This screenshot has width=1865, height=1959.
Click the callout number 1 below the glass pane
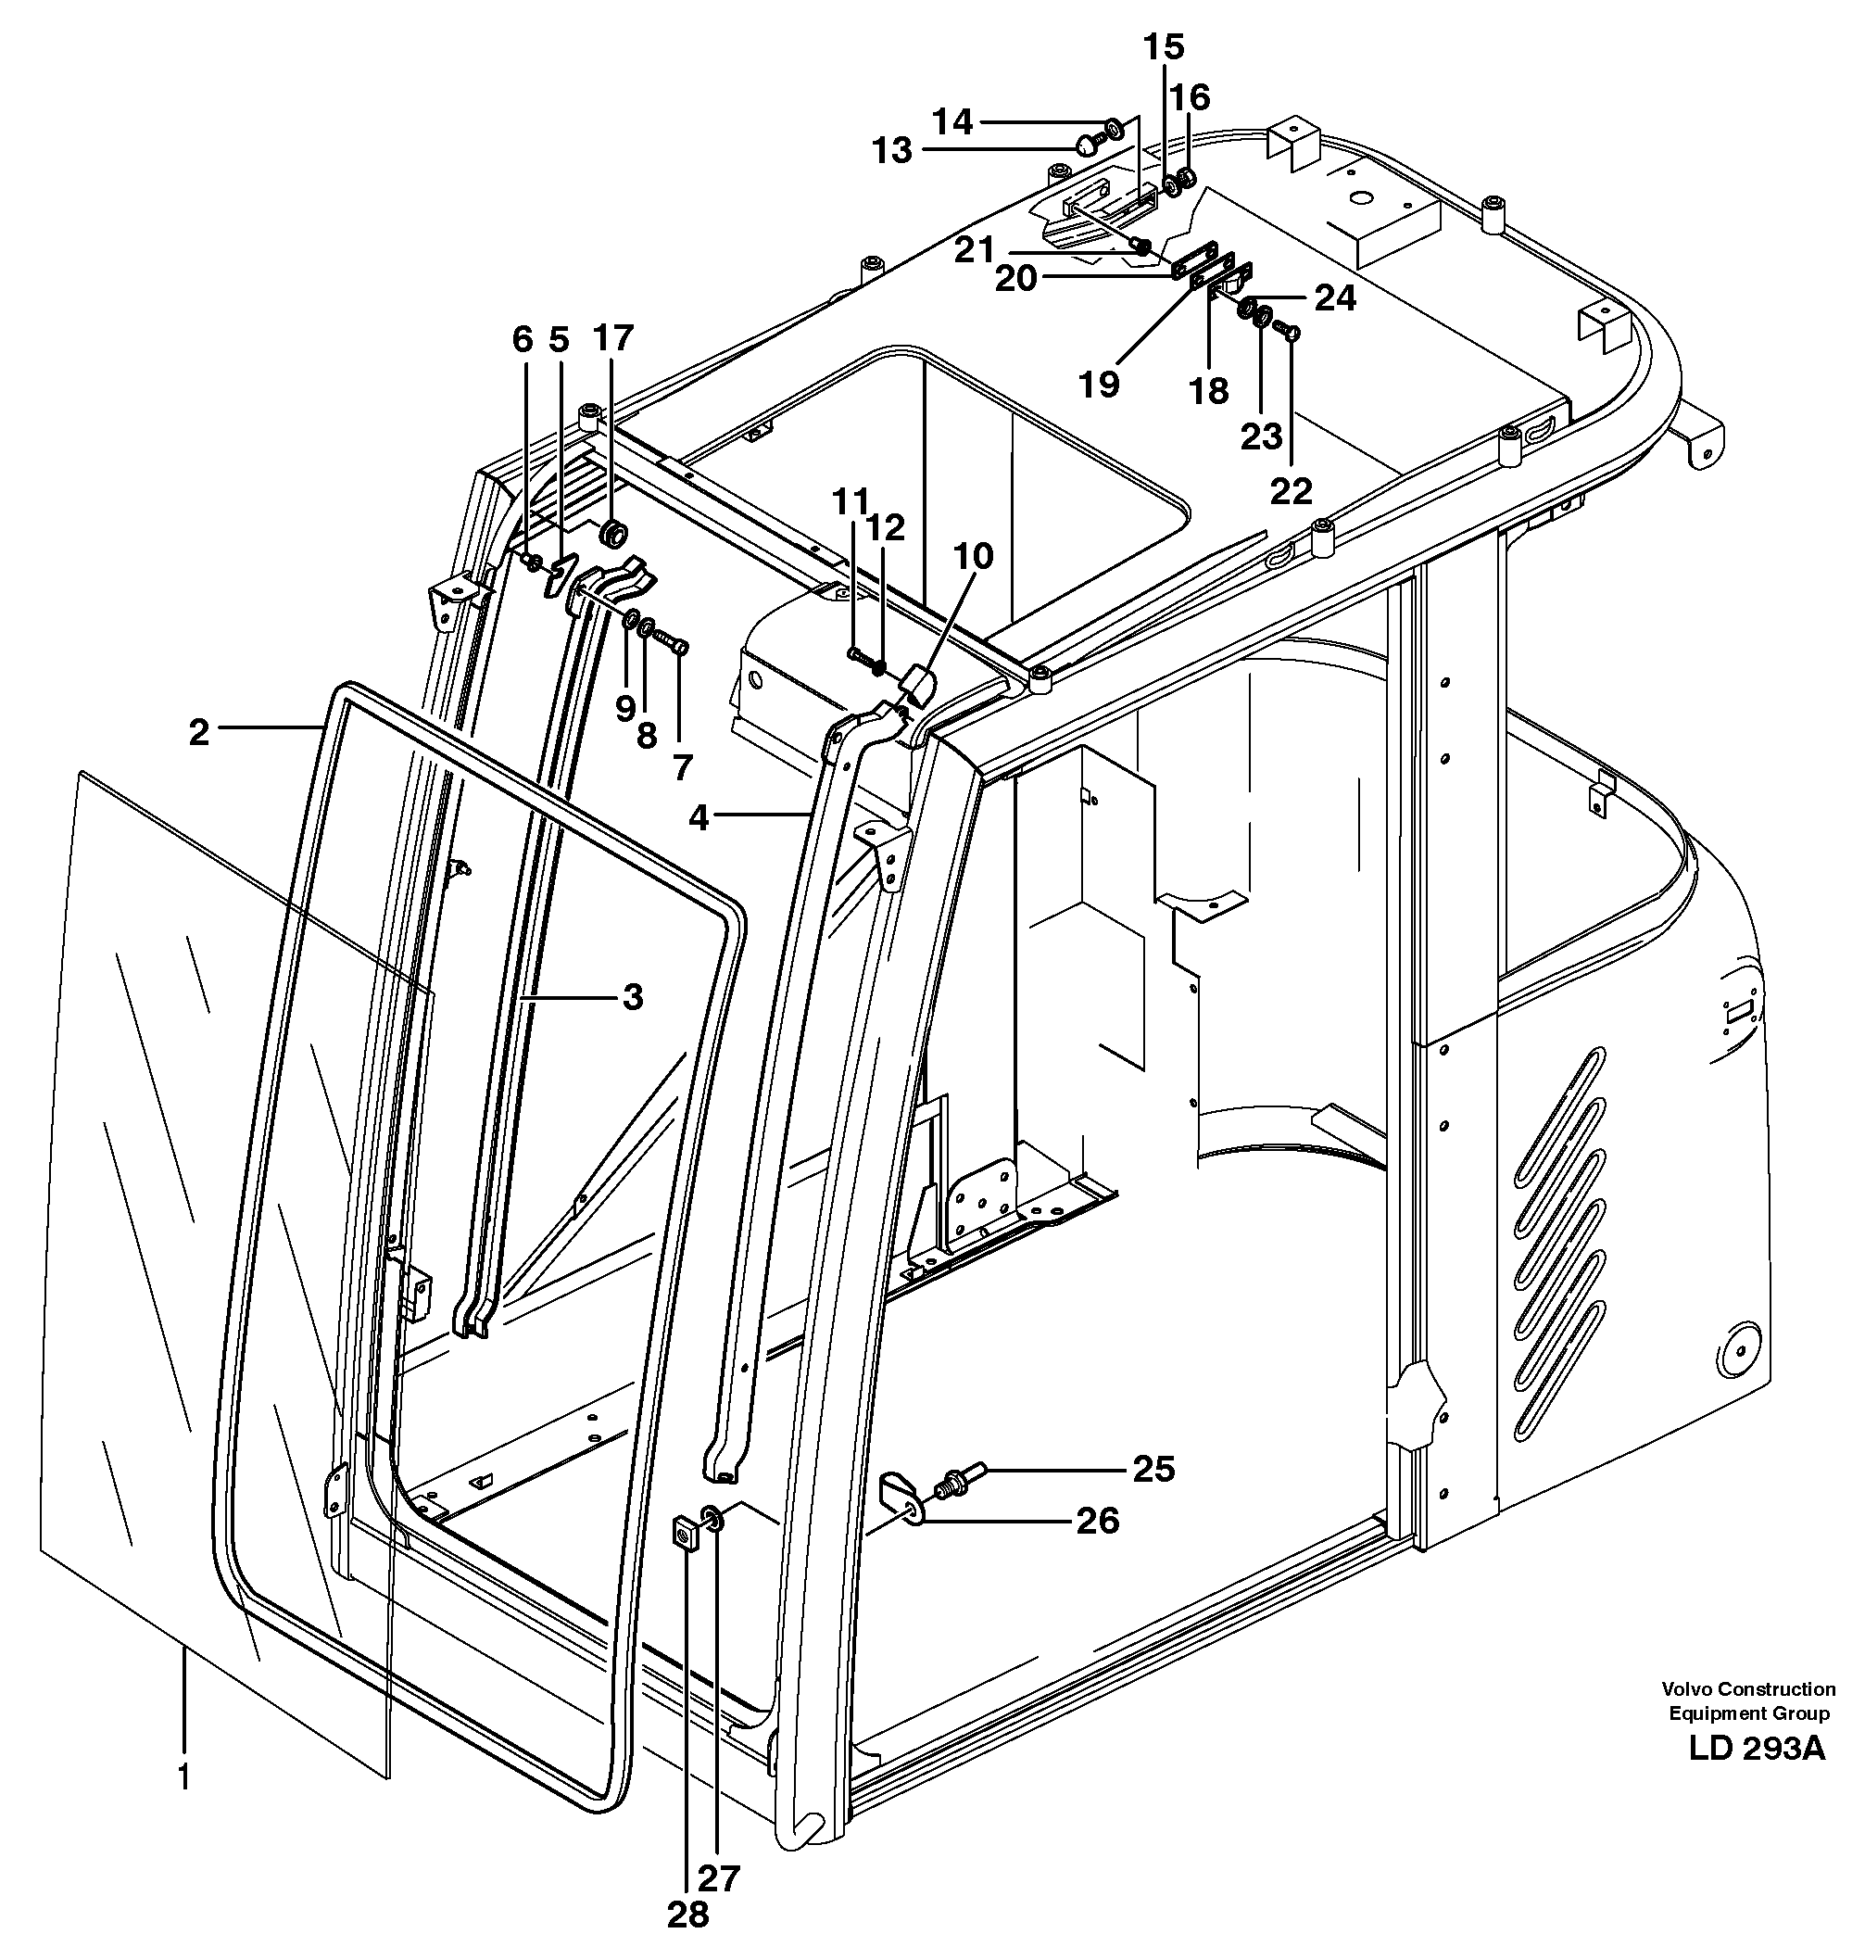[184, 1777]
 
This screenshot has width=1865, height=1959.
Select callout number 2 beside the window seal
[200, 733]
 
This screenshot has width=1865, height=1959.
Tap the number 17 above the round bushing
[612, 338]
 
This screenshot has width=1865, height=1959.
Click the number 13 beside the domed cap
[892, 151]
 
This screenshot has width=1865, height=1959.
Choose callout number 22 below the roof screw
[1291, 490]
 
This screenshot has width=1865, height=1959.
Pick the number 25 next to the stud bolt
[1154, 1469]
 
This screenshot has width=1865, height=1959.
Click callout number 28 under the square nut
[688, 1915]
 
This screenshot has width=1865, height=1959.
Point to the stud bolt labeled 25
[957, 1481]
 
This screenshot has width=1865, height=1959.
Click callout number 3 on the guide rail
[634, 997]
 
